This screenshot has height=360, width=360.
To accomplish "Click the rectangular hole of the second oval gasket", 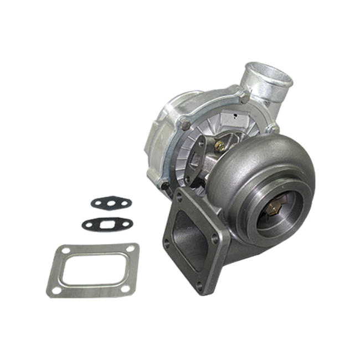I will click(x=101, y=224).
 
